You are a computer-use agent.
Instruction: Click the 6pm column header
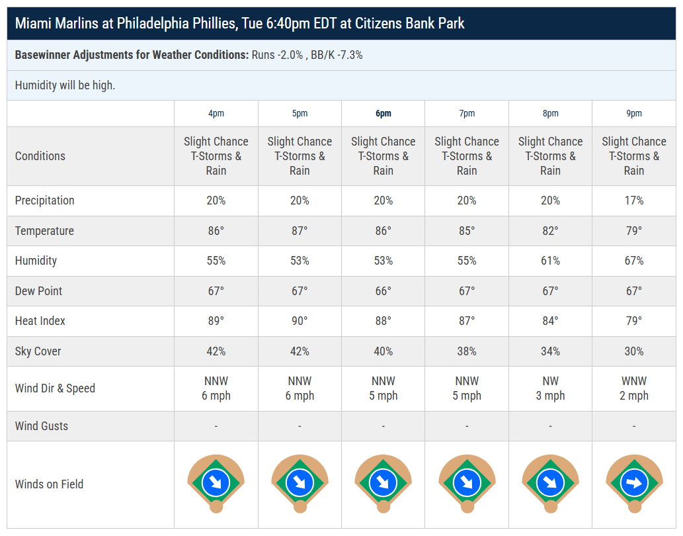pyautogui.click(x=383, y=113)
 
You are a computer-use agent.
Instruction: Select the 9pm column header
pyautogui.click(x=634, y=113)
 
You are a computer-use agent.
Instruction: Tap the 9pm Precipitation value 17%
pyautogui.click(x=634, y=201)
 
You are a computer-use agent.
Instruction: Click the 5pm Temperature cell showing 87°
pyautogui.click(x=300, y=230)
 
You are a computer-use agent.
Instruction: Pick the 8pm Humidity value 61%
pyautogui.click(x=550, y=261)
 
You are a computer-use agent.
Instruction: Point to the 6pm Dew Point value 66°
pyautogui.click(x=383, y=290)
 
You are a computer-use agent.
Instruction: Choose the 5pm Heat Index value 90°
pyautogui.click(x=300, y=321)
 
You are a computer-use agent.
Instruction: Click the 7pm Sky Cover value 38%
pyautogui.click(x=467, y=351)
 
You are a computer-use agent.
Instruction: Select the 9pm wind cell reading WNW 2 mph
pyautogui.click(x=634, y=388)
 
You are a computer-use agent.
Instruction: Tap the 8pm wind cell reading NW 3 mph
pyautogui.click(x=550, y=388)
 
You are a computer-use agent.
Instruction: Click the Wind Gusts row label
pyautogui.click(x=42, y=425)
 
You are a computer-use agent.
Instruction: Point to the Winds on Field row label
pyautogui.click(x=49, y=484)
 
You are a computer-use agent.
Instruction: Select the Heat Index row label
pyautogui.click(x=40, y=321)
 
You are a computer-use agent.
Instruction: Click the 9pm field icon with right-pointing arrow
pyautogui.click(x=634, y=483)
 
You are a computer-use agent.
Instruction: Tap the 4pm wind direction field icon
pyautogui.click(x=216, y=483)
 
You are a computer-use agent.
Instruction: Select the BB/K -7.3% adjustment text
pyautogui.click(x=337, y=55)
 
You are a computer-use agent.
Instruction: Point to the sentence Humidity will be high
pyautogui.click(x=65, y=85)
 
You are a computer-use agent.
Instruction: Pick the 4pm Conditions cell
pyautogui.click(x=216, y=156)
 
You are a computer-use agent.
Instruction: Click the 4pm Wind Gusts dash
pyautogui.click(x=216, y=425)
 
